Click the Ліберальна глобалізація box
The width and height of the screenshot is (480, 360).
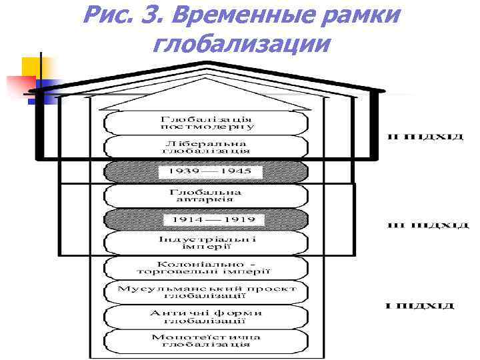[206, 147]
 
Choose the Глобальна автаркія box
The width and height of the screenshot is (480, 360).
[206, 195]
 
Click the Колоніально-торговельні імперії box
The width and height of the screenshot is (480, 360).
[206, 267]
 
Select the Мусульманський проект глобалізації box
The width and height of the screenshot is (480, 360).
[206, 291]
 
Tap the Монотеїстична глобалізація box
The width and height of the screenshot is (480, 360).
[206, 340]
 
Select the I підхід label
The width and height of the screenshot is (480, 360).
[421, 306]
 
